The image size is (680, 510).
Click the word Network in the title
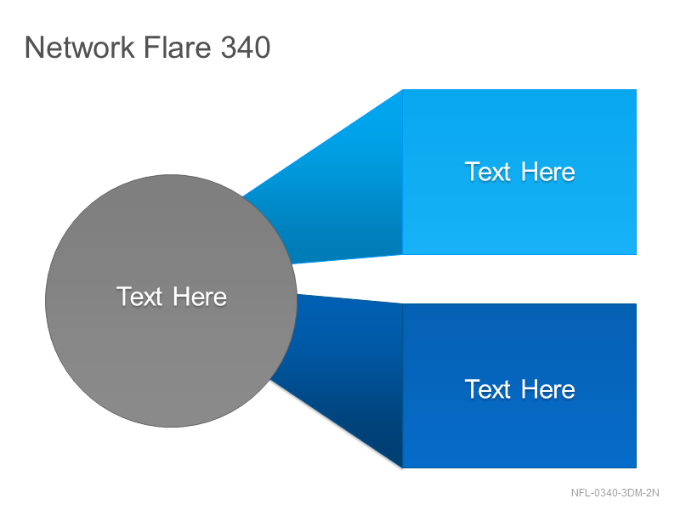pyautogui.click(x=80, y=47)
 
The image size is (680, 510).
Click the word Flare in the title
pyautogui.click(x=178, y=47)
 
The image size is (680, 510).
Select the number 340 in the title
pyautogui.click(x=246, y=47)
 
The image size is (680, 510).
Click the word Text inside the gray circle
pyautogui.click(x=139, y=297)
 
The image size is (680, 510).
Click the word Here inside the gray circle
pyautogui.click(x=200, y=297)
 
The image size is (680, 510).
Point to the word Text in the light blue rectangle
pyautogui.click(x=487, y=172)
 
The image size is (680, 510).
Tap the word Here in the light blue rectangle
pyautogui.click(x=548, y=172)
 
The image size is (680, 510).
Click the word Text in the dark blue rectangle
pyautogui.click(x=487, y=389)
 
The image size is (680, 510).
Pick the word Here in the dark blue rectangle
pyautogui.click(x=548, y=389)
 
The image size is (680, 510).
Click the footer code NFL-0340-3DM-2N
pyautogui.click(x=615, y=493)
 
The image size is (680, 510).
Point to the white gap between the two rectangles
pyautogui.click(x=519, y=279)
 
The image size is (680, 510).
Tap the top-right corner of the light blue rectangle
pyautogui.click(x=636, y=90)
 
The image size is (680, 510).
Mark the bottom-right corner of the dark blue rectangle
pyautogui.click(x=636, y=468)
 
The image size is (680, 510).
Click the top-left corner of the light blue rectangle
pyautogui.click(x=403, y=90)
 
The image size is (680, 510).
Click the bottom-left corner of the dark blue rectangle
pyautogui.click(x=403, y=468)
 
